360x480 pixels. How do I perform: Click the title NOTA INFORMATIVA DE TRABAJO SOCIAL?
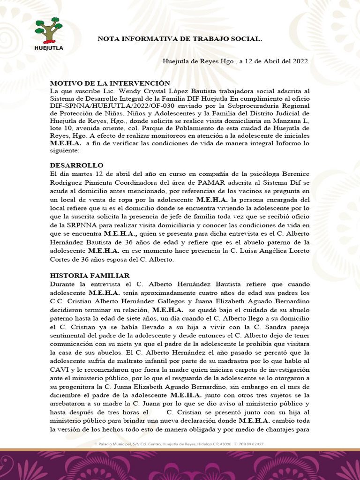coord(180,39)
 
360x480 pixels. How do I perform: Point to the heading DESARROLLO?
coord(76,165)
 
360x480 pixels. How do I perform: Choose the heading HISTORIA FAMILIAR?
coord(90,276)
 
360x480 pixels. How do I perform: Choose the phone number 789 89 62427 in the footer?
coord(252,443)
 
